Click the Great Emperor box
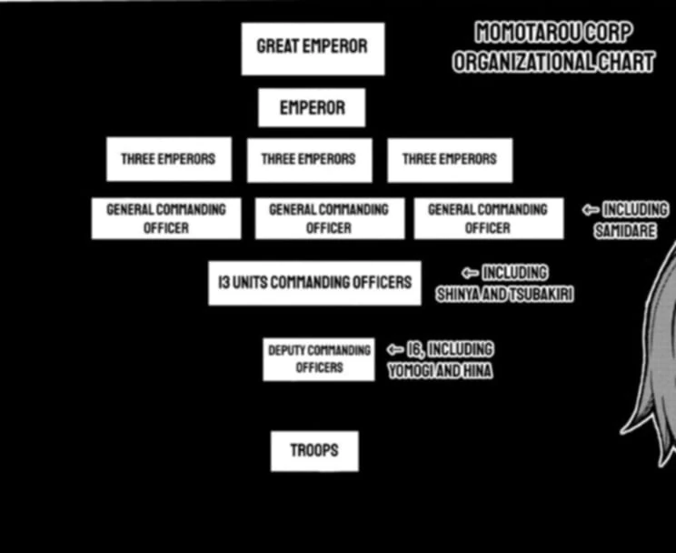(x=313, y=48)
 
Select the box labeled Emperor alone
(x=312, y=108)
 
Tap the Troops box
(x=314, y=451)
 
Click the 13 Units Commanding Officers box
(x=314, y=283)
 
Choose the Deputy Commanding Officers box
(x=319, y=359)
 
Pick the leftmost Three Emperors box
(x=168, y=159)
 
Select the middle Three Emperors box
(x=309, y=159)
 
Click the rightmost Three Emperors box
(x=450, y=159)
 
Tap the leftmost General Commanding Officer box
(x=166, y=218)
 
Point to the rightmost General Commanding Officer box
(x=488, y=218)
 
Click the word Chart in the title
(x=625, y=63)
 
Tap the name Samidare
(x=625, y=231)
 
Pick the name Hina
(x=476, y=371)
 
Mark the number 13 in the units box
(x=224, y=283)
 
